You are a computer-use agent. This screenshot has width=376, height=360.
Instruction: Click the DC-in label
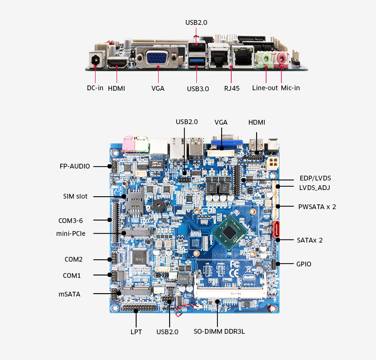[95, 88]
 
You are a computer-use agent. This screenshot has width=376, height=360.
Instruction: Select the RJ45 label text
[232, 88]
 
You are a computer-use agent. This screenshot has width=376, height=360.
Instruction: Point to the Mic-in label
[290, 88]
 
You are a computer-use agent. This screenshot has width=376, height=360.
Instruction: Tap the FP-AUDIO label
[75, 166]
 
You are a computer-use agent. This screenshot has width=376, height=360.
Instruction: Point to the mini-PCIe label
[71, 233]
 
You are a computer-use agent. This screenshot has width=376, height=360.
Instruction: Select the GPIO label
[304, 264]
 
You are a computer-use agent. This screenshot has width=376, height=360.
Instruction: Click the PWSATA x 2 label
[317, 207]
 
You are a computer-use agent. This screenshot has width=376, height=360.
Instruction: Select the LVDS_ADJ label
[314, 188]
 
